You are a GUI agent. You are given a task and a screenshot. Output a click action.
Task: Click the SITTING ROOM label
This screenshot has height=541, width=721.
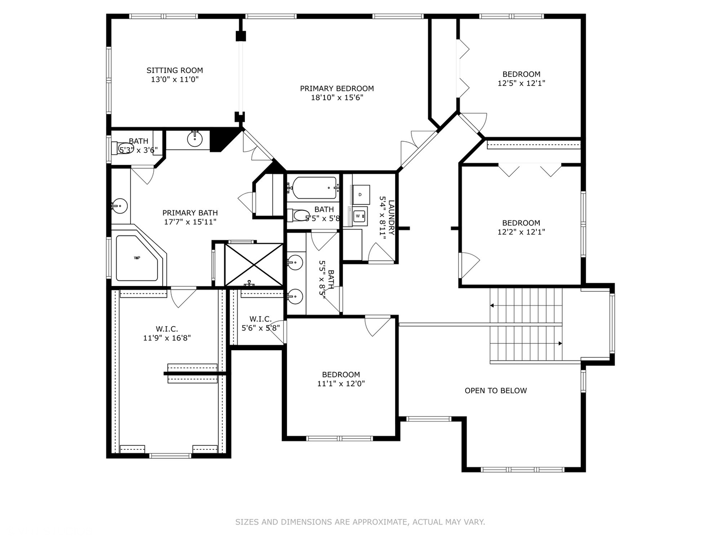(x=175, y=70)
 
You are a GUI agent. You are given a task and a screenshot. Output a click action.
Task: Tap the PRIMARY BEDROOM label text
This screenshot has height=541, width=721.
(x=336, y=89)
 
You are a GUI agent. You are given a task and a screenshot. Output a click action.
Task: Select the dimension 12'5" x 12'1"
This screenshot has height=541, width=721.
(x=521, y=83)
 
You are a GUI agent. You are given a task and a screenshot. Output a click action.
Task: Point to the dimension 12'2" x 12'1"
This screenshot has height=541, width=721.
(x=521, y=232)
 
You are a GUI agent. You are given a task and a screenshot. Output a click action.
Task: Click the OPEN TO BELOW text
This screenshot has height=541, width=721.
(x=495, y=391)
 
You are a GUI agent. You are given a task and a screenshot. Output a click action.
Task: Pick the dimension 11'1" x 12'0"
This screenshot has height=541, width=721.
(x=340, y=384)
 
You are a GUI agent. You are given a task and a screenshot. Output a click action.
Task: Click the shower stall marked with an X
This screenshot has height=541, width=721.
(x=253, y=264)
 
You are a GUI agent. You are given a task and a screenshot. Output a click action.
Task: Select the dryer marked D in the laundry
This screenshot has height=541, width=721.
(x=360, y=194)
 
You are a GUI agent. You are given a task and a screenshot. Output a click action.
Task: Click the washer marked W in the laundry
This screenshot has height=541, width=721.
(x=358, y=216)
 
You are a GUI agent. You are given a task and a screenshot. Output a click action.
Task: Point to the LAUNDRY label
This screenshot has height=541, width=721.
(x=391, y=218)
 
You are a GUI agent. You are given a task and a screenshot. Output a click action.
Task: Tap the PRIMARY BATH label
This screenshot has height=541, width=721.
(x=190, y=213)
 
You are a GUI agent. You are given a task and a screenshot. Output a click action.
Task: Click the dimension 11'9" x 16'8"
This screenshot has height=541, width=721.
(x=167, y=338)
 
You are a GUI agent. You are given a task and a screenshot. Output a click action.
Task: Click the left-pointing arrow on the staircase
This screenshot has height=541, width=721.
(x=493, y=305)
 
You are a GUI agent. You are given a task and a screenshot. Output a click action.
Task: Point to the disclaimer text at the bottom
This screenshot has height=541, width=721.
(x=360, y=522)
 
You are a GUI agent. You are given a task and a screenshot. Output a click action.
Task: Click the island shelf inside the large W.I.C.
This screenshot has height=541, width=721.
(x=192, y=373)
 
